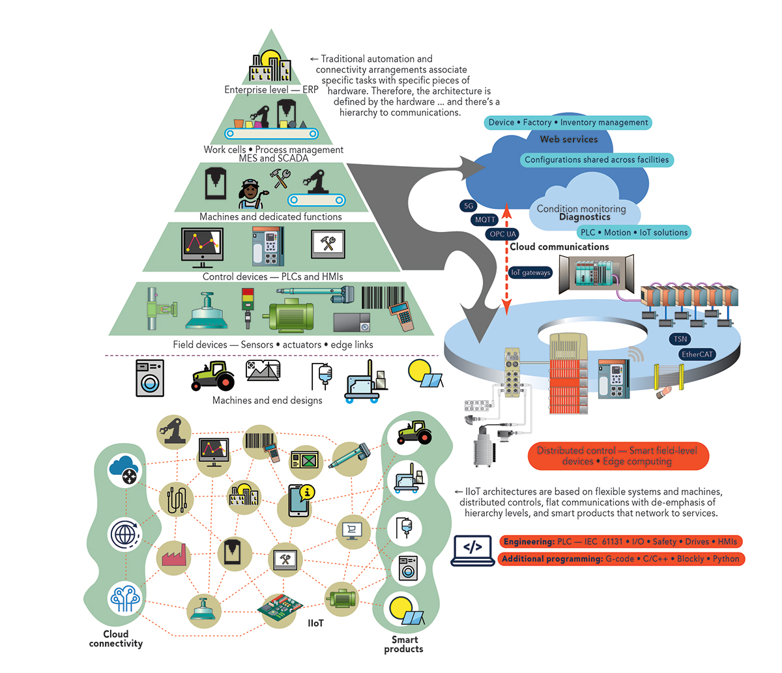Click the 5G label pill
[469, 206]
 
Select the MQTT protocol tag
[485, 220]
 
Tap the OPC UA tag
[502, 234]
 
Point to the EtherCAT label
[697, 354]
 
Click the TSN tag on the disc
[680, 339]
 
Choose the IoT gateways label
[530, 272]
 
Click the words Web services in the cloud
[568, 139]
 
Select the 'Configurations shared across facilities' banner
[596, 160]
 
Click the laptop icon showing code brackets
[472, 551]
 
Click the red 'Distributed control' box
[617, 456]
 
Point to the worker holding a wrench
[250, 193]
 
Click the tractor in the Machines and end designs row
[213, 376]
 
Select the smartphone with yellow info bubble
[299, 501]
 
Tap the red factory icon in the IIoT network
[172, 554]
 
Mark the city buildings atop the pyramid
[270, 67]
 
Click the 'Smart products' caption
[403, 644]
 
